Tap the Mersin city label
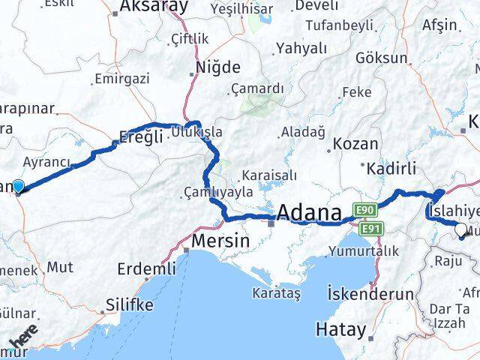coord(220,241)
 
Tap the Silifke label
coord(128,305)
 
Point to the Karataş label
coord(276,292)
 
